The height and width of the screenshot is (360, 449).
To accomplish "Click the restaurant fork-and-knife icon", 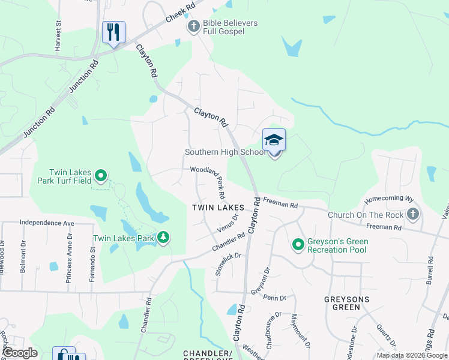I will [113, 32].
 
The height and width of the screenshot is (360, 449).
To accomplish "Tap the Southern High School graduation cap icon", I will [274, 141].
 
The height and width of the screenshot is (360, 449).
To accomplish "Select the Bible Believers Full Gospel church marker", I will [193, 27].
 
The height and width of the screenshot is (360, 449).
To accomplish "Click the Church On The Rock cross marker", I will [412, 214].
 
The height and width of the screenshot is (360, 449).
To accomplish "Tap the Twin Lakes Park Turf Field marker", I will [101, 176].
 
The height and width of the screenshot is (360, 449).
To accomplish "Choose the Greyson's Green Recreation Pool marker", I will [298, 244].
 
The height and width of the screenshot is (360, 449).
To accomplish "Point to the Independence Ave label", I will [46, 223].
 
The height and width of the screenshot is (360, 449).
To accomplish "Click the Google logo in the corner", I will [20, 353].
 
